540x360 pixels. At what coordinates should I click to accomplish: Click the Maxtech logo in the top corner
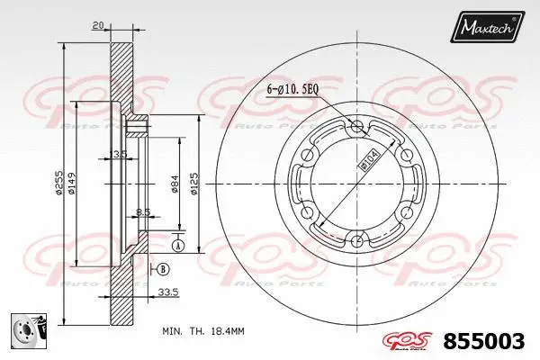coord(488,28)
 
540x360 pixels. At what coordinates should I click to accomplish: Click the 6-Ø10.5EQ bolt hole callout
coord(293,88)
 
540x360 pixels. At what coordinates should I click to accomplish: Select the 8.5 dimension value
coord(142,213)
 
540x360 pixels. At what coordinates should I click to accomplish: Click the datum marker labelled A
coord(178,246)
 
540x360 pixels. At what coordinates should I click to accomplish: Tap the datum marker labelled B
coord(163,269)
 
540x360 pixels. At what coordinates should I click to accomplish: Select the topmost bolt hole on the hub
coord(359,126)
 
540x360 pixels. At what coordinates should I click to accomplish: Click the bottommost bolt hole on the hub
coord(359,239)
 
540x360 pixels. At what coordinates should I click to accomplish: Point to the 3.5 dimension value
coord(120,154)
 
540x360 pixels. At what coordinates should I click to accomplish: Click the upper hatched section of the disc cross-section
coord(118,76)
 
